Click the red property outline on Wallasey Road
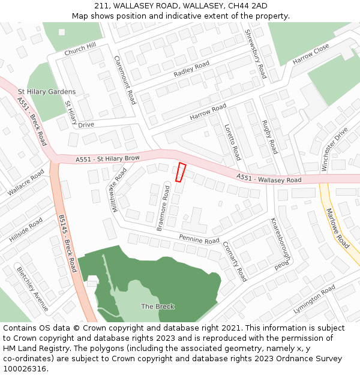[181, 172]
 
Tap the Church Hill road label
[80, 49]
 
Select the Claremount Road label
[125, 80]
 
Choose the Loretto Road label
[232, 142]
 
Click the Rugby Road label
[269, 136]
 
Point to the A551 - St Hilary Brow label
[108, 159]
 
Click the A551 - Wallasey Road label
[269, 178]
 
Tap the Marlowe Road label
[337, 229]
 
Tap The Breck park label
[158, 307]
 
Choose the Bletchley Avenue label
[34, 289]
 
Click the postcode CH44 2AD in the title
[242, 5]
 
